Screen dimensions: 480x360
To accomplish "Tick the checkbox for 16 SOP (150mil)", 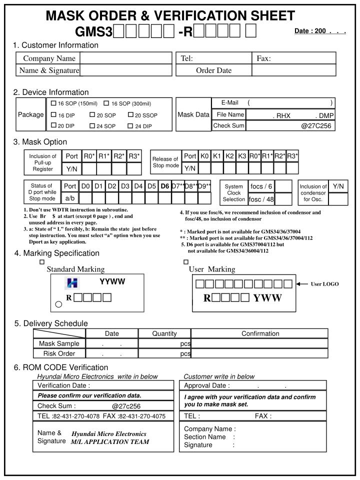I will pos(53,103).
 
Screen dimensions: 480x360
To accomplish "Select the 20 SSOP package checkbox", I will pos(130,115).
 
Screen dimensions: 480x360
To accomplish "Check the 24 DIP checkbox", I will pos(130,126).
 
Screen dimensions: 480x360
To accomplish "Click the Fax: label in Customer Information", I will pos(263,58).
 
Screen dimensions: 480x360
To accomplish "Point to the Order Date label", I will pos(213,70).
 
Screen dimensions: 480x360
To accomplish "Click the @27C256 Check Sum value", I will pos(316,125).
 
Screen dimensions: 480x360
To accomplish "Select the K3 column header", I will pos(242,156).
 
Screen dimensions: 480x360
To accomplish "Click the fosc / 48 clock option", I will pos(260,199).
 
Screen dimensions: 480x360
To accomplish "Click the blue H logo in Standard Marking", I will pos(72,283).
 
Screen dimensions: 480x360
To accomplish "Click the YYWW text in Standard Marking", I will pos(112,281).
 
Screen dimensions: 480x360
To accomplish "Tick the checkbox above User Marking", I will pos(186,261).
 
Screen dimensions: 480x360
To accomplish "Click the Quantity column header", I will pos(164,333).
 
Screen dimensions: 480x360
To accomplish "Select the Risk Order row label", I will pos(59,353).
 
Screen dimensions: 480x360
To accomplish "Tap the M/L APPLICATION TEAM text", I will pos(109,441).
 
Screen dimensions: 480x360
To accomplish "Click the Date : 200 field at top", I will pos(320,31).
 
